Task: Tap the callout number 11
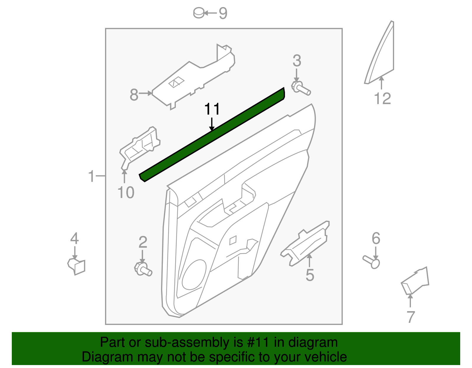[x=212, y=109]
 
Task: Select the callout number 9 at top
[x=223, y=13]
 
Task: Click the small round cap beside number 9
[x=199, y=13]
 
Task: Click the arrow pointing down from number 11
[x=212, y=124]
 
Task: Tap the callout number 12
[x=382, y=99]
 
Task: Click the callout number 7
[x=410, y=317]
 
